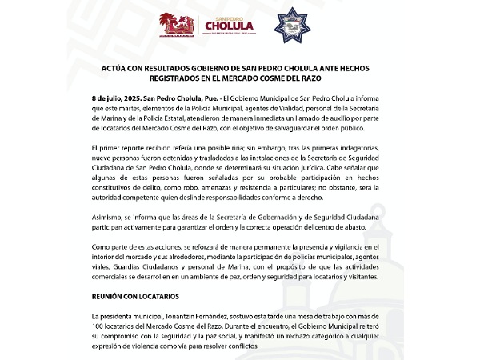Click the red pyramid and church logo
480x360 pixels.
(x=178, y=25)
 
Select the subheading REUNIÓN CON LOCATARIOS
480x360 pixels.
(x=134, y=297)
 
